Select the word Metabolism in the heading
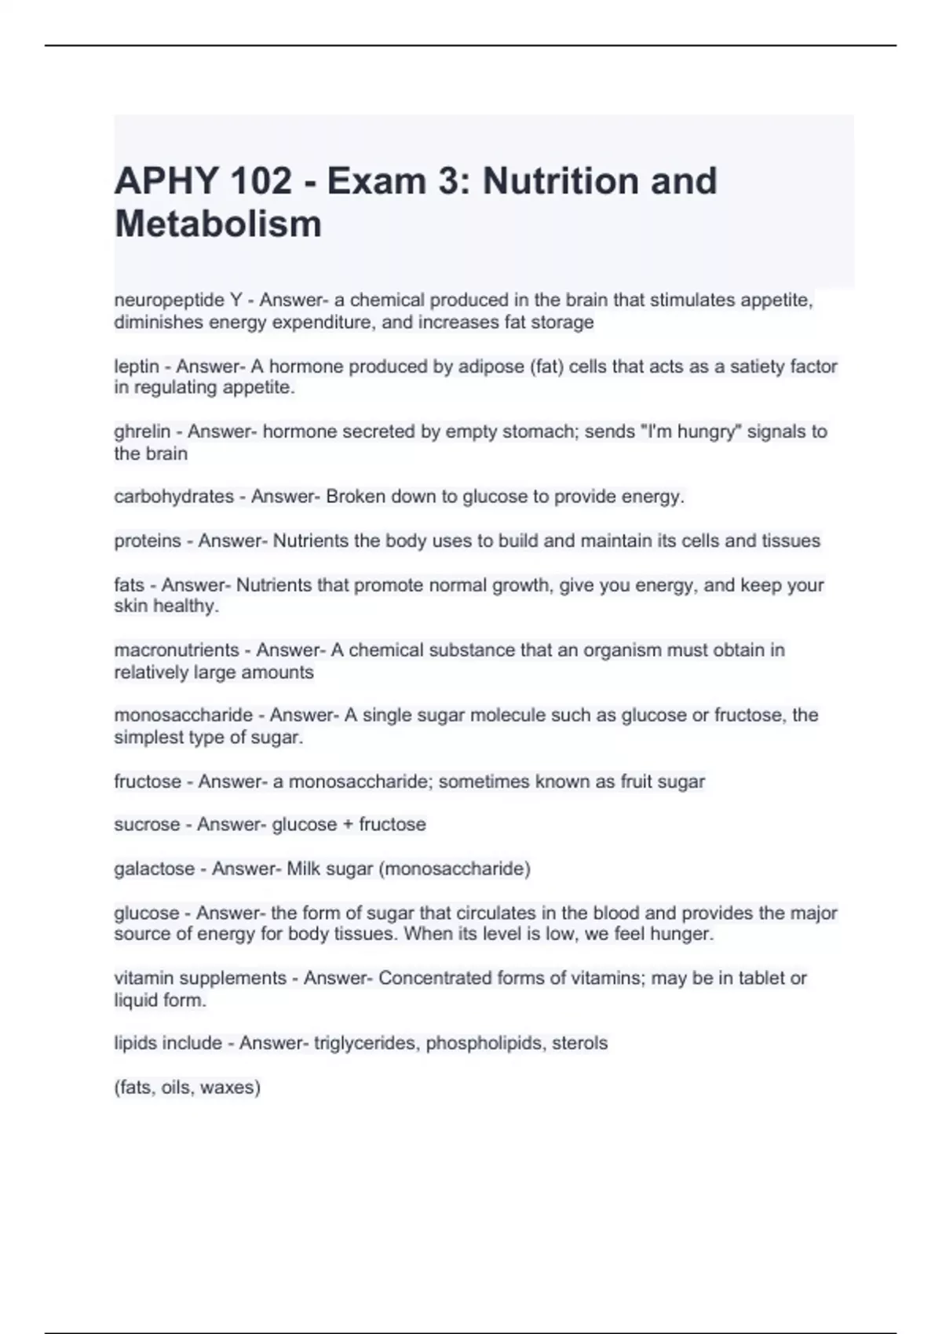pyautogui.click(x=218, y=224)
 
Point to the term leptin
pyautogui.click(x=137, y=366)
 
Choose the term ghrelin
pyautogui.click(x=142, y=432)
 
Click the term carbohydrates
pyautogui.click(x=173, y=497)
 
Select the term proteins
pyautogui.click(x=148, y=541)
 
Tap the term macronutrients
pyautogui.click(x=177, y=651)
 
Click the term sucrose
pyautogui.click(x=147, y=825)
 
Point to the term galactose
pyautogui.click(x=154, y=869)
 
